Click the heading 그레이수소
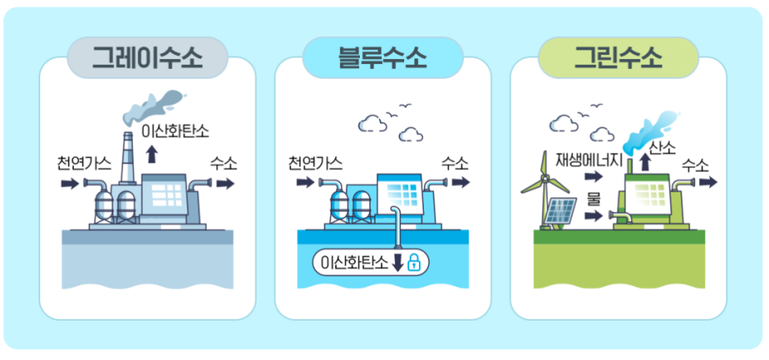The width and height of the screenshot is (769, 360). pyautogui.click(x=147, y=58)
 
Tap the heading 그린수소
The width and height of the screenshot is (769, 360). pyautogui.click(x=618, y=58)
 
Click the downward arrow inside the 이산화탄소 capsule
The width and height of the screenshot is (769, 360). pyautogui.click(x=398, y=263)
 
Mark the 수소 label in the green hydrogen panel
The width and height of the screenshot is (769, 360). pyautogui.click(x=695, y=165)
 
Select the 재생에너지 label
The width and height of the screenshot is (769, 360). pyautogui.click(x=590, y=159)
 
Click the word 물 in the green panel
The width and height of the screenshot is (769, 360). pyautogui.click(x=593, y=198)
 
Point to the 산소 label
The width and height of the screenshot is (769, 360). pyautogui.click(x=662, y=148)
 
